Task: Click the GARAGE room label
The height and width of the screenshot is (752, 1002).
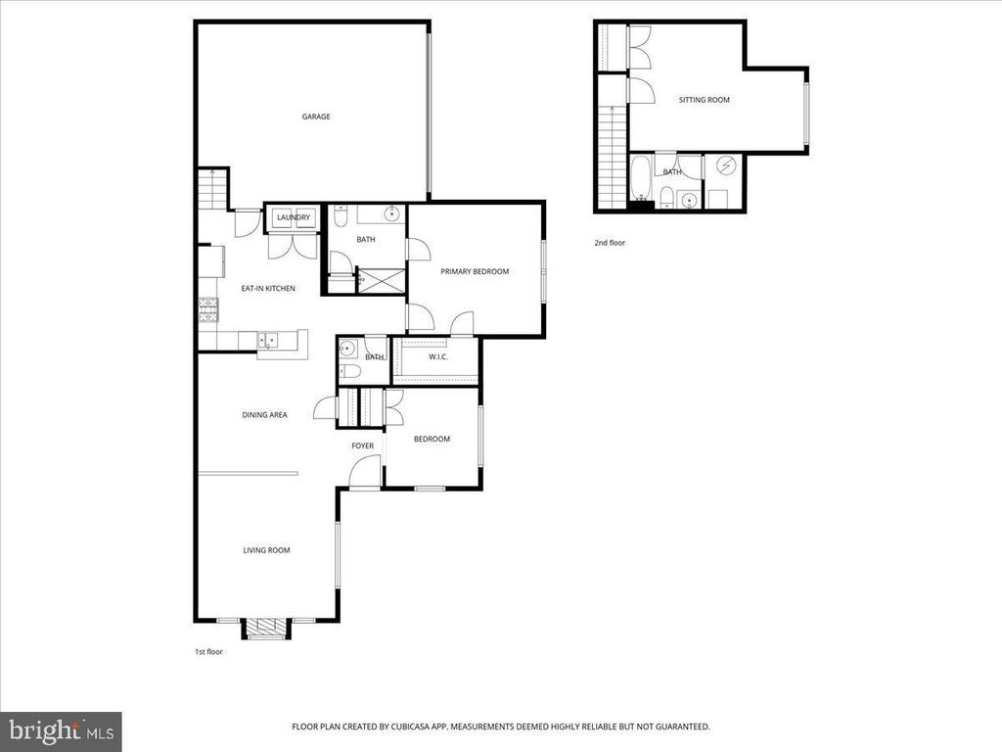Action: (315, 117)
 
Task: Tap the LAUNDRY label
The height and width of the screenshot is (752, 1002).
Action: (293, 217)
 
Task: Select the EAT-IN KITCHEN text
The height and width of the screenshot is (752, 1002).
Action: (268, 288)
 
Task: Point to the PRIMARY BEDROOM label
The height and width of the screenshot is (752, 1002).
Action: (475, 271)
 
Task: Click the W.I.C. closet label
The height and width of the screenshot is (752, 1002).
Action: (438, 356)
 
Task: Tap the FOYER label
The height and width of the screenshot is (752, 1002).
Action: (363, 446)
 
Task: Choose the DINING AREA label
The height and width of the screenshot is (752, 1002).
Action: (264, 415)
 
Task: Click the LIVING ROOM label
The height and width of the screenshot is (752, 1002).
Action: (266, 550)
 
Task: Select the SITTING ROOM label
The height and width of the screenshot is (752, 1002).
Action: (705, 100)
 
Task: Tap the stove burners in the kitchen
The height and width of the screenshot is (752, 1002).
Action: (207, 311)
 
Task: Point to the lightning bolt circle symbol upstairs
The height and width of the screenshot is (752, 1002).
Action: (726, 166)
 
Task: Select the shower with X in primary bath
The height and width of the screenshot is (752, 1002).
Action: (381, 280)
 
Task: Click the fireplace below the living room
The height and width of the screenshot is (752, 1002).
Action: (265, 629)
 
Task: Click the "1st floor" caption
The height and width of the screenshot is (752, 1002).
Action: (208, 651)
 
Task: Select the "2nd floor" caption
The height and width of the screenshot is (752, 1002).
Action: (609, 242)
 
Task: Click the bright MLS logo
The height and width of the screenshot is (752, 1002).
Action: (61, 730)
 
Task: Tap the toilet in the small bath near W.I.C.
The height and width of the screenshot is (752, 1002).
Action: (348, 373)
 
